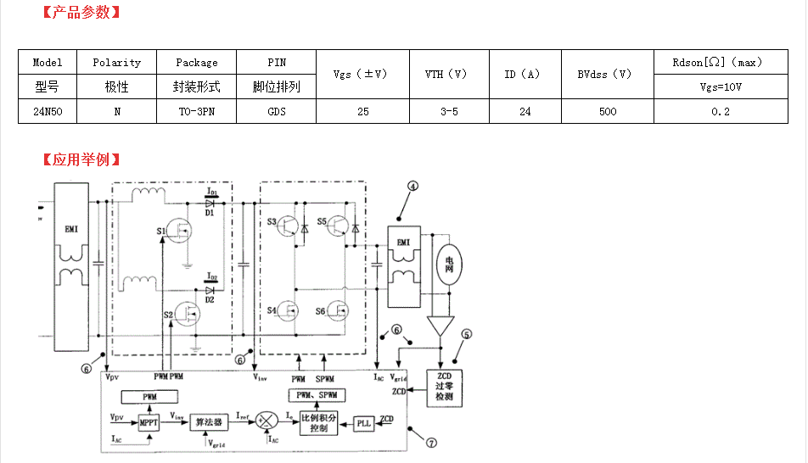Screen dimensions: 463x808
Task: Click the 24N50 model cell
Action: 48,111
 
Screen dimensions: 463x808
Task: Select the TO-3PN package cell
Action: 197,111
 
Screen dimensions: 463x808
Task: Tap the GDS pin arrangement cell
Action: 277,111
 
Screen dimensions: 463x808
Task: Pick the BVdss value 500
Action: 608,111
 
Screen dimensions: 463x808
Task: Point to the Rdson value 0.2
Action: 721,111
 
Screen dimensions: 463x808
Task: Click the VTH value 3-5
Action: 449,111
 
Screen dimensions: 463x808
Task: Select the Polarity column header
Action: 116,63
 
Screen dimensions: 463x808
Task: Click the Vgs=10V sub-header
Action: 721,86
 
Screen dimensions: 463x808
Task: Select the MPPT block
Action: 149,421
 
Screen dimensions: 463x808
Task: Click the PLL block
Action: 364,422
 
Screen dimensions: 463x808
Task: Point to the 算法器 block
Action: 208,421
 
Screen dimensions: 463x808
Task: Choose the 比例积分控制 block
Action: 318,422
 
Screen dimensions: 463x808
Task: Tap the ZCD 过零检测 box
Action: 444,386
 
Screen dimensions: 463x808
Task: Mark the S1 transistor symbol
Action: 179,231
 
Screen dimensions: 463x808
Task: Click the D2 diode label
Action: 209,298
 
